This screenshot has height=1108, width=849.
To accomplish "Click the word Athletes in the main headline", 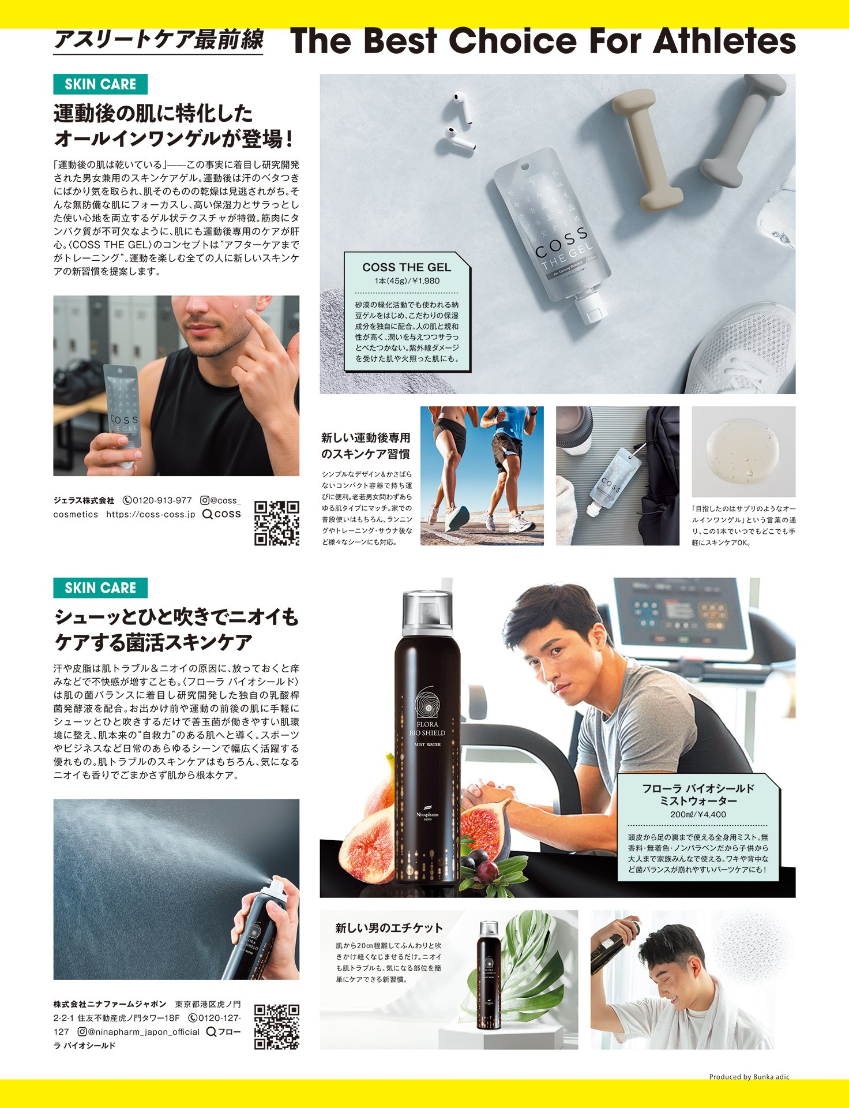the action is tap(724, 41).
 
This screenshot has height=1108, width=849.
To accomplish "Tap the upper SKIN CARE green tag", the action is tap(100, 84).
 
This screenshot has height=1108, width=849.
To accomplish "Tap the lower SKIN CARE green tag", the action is tap(100, 587).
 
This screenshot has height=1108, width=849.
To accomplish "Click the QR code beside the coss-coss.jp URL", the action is tap(277, 523).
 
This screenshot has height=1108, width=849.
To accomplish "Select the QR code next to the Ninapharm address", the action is tap(277, 1027).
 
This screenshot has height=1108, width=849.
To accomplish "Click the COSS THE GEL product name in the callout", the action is tap(407, 267).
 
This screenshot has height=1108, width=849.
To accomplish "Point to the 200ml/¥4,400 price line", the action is tap(698, 814).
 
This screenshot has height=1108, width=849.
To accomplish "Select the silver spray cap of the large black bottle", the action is tap(427, 613).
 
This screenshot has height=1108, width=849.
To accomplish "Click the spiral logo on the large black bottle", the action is tap(427, 701).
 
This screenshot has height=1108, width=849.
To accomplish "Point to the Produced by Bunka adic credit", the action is tap(749, 1076).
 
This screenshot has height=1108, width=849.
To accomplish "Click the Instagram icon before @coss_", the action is tap(204, 500).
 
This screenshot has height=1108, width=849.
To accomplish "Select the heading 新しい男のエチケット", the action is tap(389, 928).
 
